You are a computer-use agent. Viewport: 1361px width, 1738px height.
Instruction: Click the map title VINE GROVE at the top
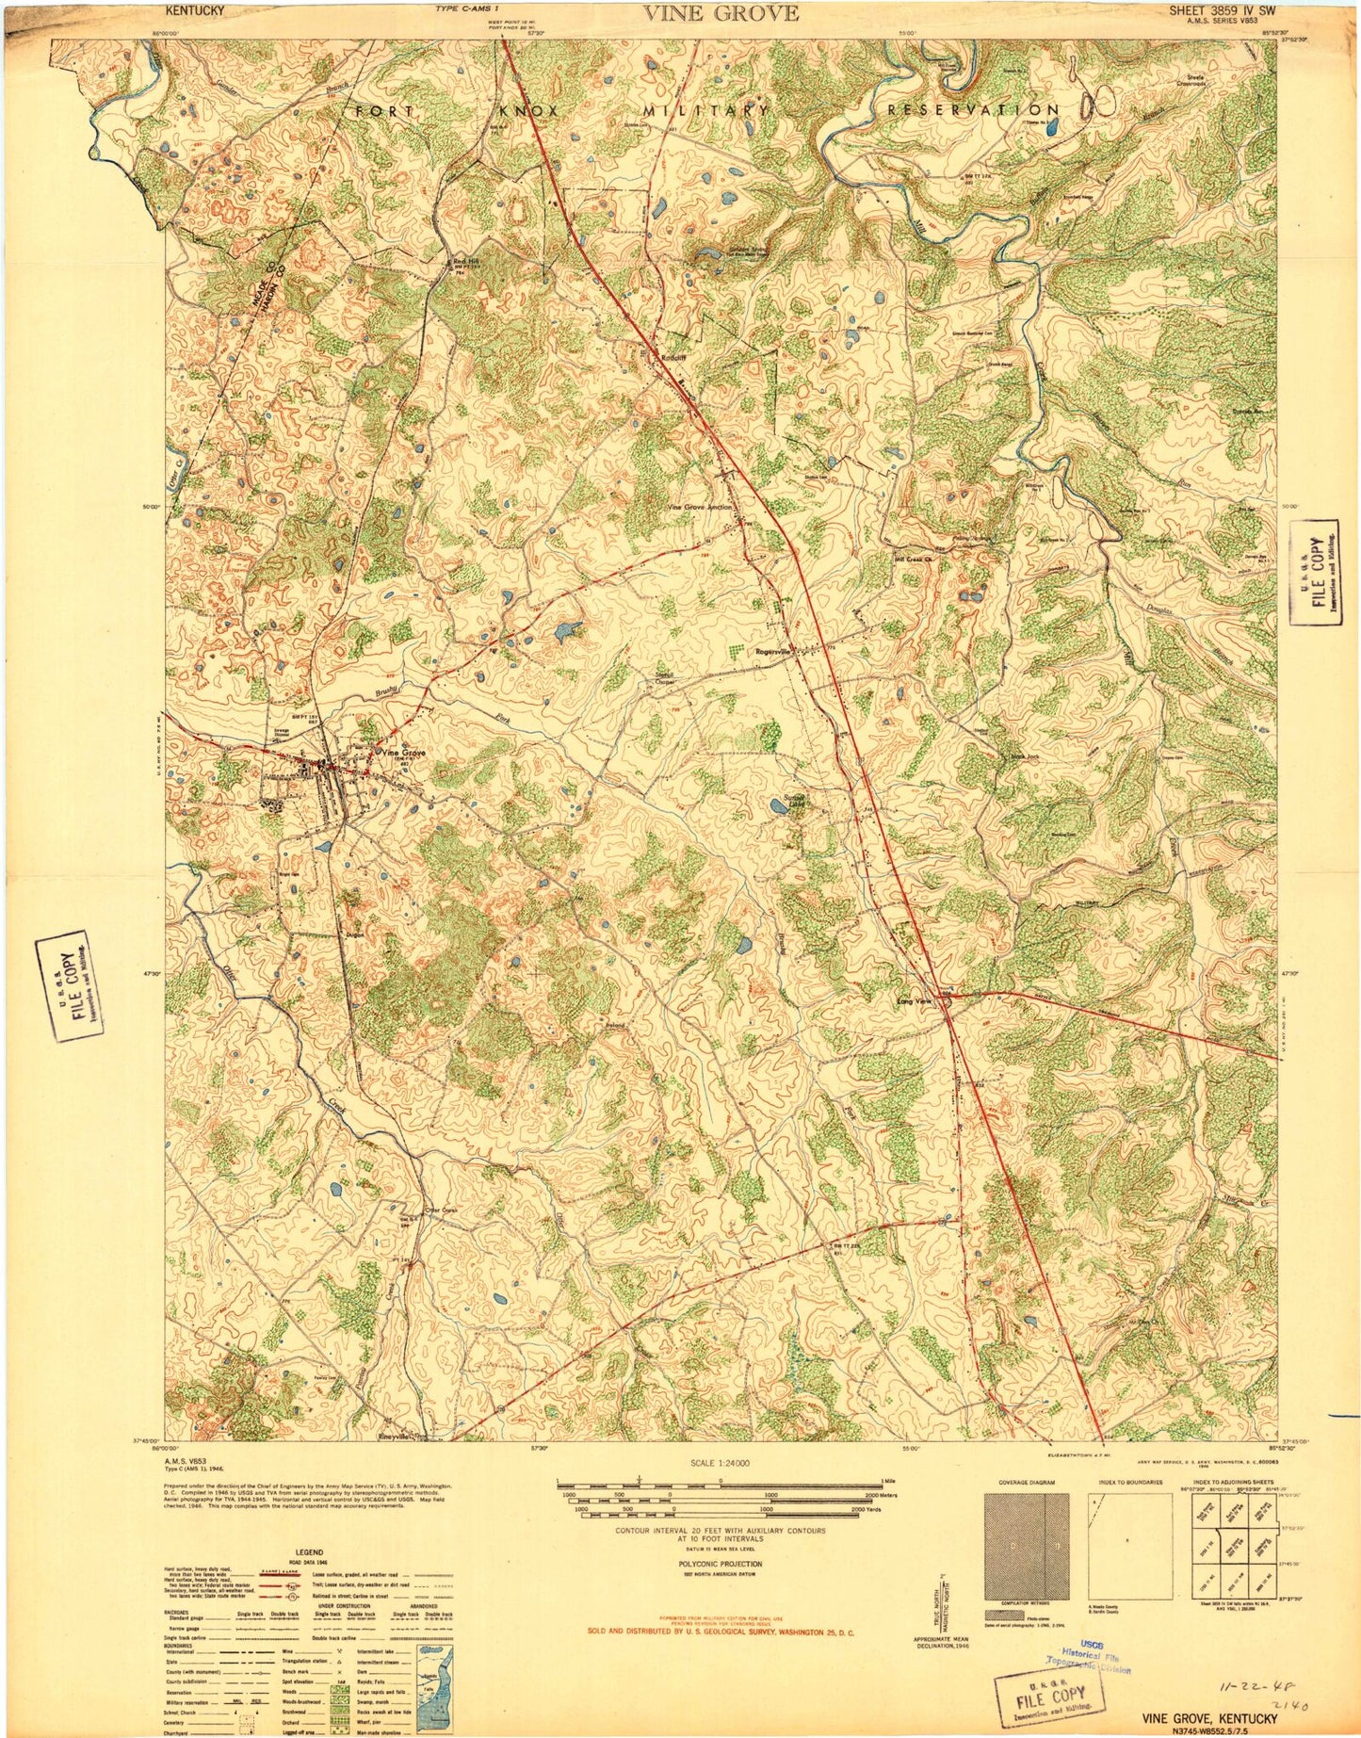(721, 13)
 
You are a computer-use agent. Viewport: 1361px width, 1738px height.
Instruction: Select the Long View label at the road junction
(911, 1001)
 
